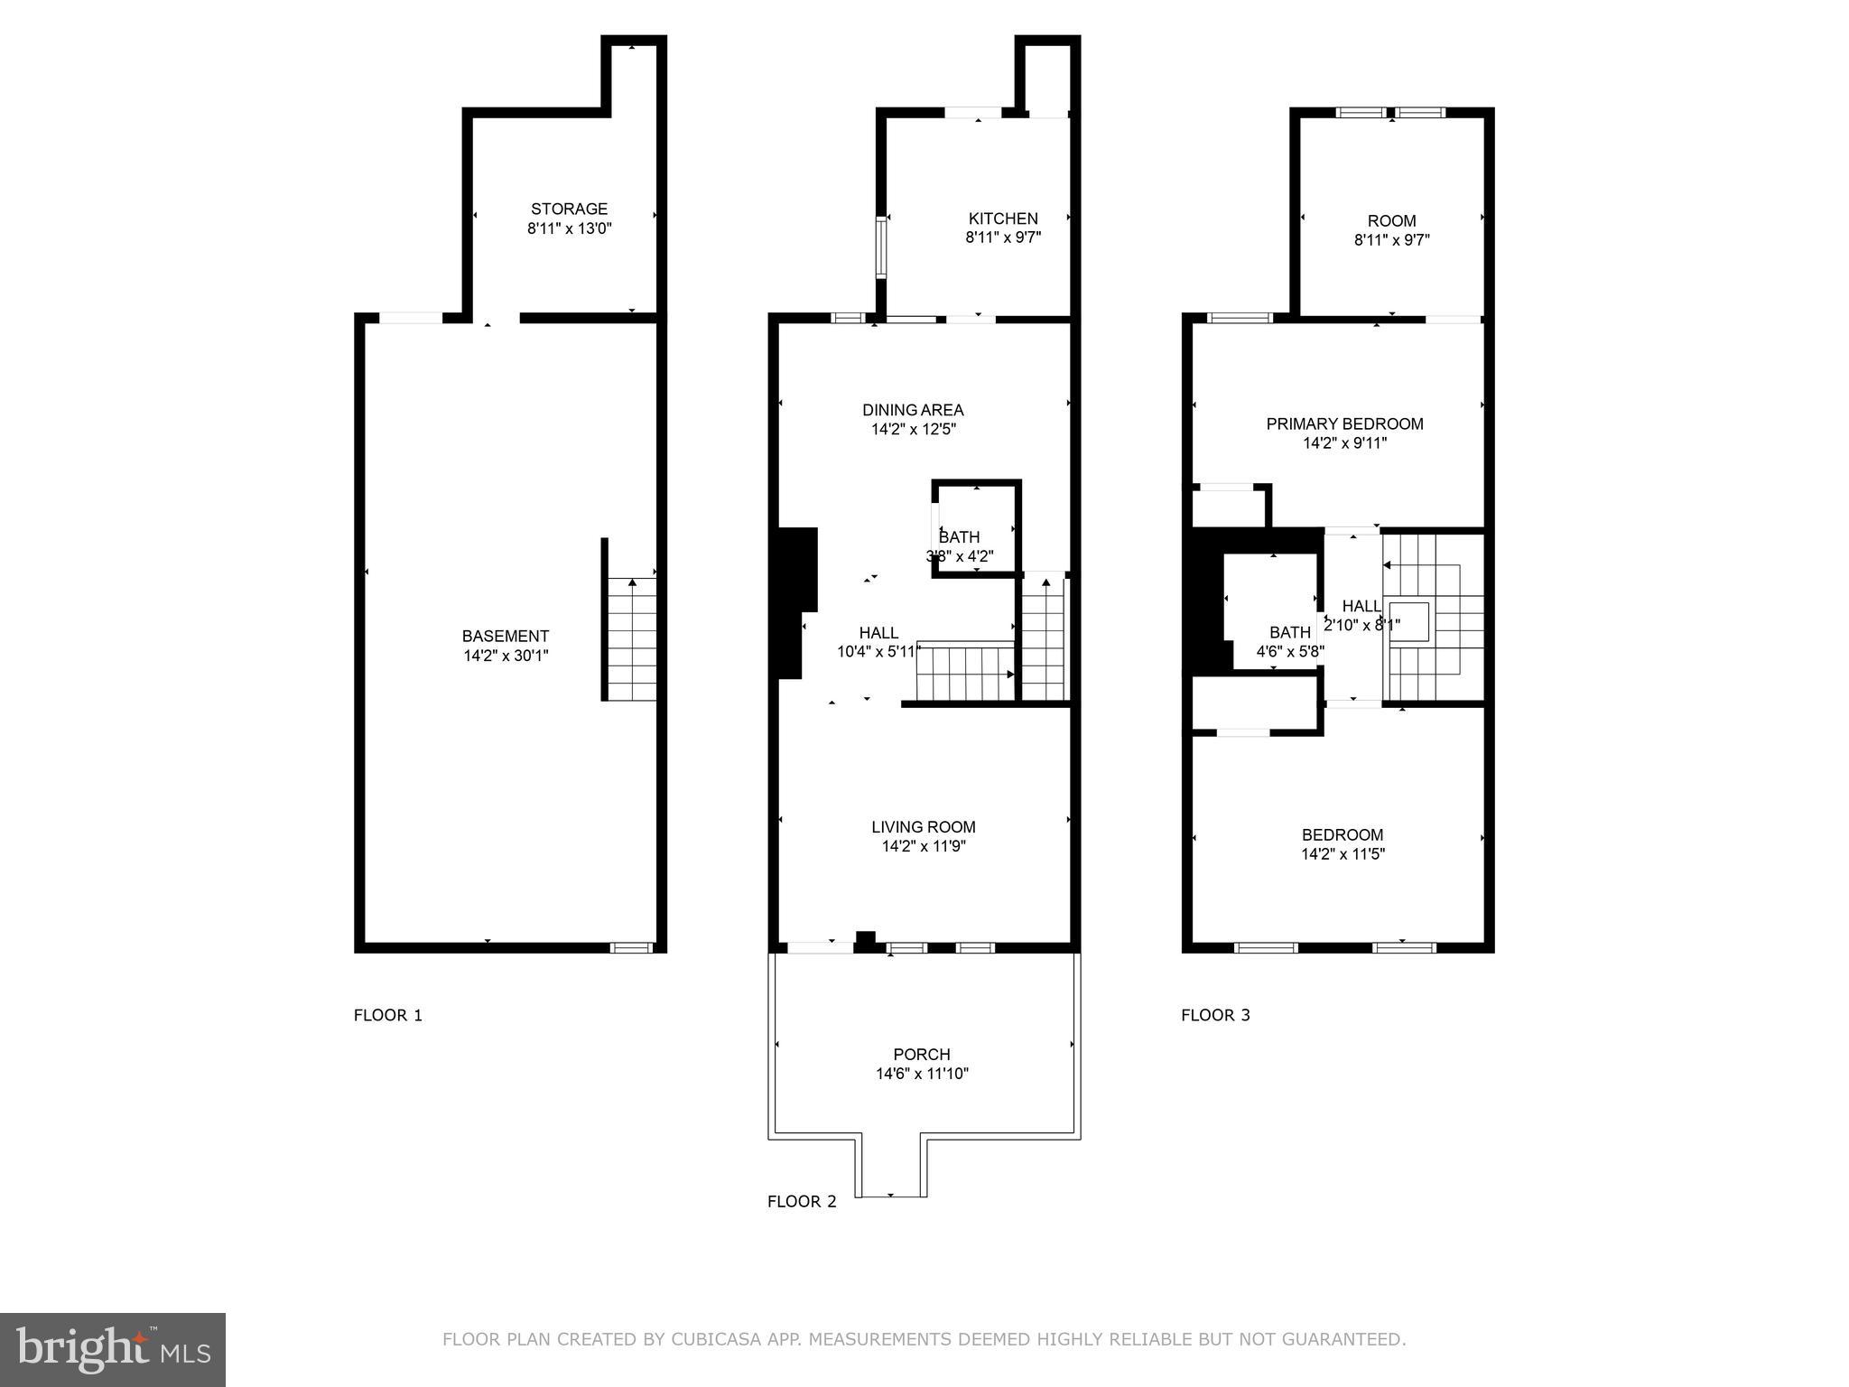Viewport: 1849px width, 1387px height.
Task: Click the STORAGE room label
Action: [569, 209]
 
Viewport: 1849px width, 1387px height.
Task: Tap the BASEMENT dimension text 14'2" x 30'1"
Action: [506, 656]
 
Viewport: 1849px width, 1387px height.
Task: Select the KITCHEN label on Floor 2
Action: [1002, 219]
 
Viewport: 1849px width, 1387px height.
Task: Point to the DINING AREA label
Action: [913, 410]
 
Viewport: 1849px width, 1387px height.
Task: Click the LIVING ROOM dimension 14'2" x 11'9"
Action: [924, 846]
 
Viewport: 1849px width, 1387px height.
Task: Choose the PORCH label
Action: [921, 1054]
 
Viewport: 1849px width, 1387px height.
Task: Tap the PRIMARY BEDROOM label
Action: [1344, 424]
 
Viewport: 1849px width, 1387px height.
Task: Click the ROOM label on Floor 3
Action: [1391, 220]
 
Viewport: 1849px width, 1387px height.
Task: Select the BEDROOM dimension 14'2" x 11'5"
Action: [1343, 854]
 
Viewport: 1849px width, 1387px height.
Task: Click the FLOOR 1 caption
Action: [387, 1015]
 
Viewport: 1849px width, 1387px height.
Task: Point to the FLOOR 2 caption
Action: [802, 1201]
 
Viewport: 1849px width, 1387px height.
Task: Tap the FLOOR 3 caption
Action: [1215, 1015]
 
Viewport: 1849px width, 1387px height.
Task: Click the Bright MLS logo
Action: [112, 1349]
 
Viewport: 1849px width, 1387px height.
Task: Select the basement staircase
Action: [631, 639]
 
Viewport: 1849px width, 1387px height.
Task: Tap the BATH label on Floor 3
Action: [1289, 632]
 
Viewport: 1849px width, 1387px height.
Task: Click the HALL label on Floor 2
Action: [878, 632]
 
